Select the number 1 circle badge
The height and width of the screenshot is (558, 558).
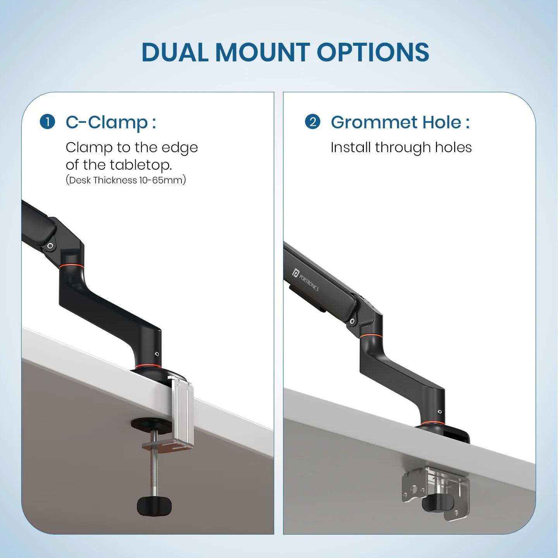coord(47,122)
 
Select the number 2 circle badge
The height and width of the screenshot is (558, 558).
coord(312,122)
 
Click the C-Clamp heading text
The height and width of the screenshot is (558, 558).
coord(111,122)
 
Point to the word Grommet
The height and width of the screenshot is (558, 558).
coord(374,122)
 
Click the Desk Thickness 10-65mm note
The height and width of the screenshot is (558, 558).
coord(126,180)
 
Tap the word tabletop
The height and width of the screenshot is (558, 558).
coord(141,165)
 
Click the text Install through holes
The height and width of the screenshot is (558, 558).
coord(401,148)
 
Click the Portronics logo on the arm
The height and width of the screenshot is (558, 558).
coord(306,279)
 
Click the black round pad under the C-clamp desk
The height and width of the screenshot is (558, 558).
coord(150,425)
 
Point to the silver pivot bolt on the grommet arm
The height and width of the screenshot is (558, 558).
coord(352,321)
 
